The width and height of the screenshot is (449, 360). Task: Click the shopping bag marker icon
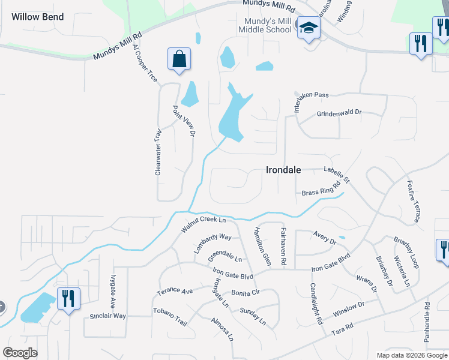tap(179, 59)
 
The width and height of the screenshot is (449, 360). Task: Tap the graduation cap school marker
tap(309, 28)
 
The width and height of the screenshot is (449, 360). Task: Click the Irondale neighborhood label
tap(283, 170)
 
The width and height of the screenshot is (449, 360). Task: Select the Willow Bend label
tap(37, 16)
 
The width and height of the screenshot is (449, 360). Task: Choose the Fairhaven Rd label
tap(283, 247)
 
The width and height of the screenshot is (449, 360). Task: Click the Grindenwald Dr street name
tap(339, 113)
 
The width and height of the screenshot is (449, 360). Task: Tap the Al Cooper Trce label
tap(145, 62)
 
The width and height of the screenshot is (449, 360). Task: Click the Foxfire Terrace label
tap(412, 201)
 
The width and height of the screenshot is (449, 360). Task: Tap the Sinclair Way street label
tap(107, 316)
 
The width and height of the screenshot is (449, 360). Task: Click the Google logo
tap(20, 352)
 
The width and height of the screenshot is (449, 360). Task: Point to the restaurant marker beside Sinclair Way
tap(67, 298)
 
